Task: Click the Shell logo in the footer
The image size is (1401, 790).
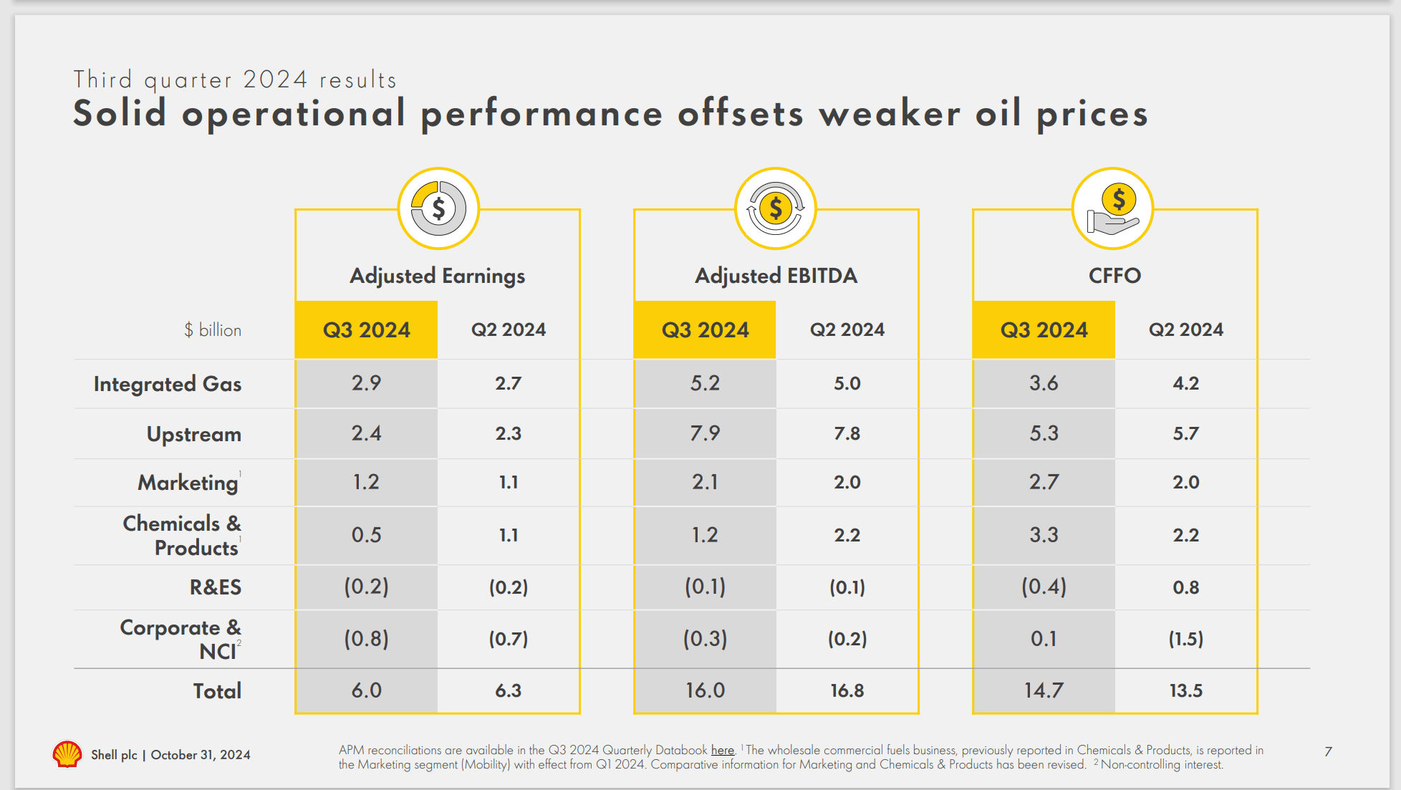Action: click(67, 754)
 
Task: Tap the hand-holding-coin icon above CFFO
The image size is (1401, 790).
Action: click(1113, 209)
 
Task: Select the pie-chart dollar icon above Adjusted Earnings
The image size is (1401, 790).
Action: click(438, 209)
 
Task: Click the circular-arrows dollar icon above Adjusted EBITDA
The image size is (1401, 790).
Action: click(776, 209)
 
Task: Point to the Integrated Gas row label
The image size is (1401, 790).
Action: click(168, 384)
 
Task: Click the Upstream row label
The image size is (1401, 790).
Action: click(194, 434)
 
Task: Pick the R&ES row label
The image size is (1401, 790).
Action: click(216, 587)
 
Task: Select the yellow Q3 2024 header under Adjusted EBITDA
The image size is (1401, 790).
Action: click(705, 329)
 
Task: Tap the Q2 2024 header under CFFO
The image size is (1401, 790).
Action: click(1186, 329)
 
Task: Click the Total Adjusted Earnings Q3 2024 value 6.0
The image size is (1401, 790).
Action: click(366, 690)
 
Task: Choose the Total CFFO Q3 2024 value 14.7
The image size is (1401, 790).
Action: click(1044, 690)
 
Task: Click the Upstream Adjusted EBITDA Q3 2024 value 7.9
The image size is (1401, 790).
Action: click(705, 433)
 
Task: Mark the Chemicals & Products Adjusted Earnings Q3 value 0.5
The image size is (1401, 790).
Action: click(366, 535)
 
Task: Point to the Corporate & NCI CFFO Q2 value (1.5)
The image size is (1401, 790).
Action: click(1186, 639)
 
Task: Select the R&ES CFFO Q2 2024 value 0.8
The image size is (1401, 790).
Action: click(1186, 587)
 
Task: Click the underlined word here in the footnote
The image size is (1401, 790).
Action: click(723, 750)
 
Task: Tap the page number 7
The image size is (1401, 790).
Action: click(1328, 751)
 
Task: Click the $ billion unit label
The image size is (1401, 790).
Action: click(213, 330)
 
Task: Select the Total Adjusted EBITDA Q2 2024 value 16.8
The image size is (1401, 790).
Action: click(847, 690)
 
